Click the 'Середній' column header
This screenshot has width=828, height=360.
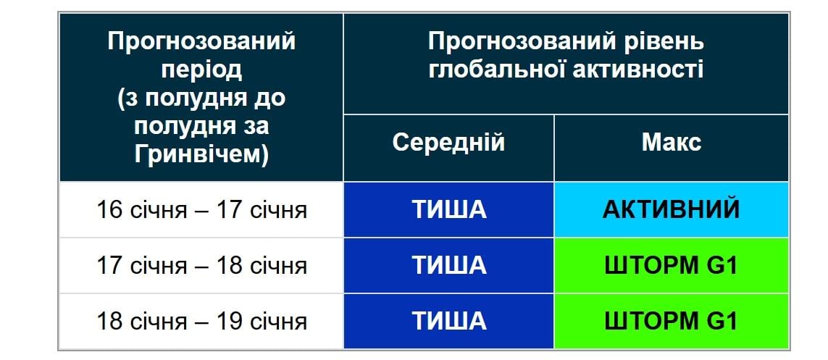[x=448, y=142]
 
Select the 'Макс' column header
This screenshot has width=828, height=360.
[x=671, y=142]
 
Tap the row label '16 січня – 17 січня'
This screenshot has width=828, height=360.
[x=201, y=210]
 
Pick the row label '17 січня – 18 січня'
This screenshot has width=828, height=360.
[x=201, y=266]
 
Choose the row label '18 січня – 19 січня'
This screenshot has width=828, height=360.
[x=201, y=321]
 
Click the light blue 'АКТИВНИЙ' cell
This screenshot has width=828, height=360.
[x=671, y=210]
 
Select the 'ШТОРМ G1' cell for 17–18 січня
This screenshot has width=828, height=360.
[x=671, y=266]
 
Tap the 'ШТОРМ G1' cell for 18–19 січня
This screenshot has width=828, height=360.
[x=671, y=321]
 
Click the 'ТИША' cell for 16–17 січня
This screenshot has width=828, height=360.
[x=448, y=210]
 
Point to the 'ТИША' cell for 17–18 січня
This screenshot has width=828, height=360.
[x=448, y=266]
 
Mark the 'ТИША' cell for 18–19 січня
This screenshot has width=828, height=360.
[x=448, y=321]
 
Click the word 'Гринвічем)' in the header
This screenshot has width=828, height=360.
[x=201, y=154]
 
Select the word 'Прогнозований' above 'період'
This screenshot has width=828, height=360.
[x=201, y=41]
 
